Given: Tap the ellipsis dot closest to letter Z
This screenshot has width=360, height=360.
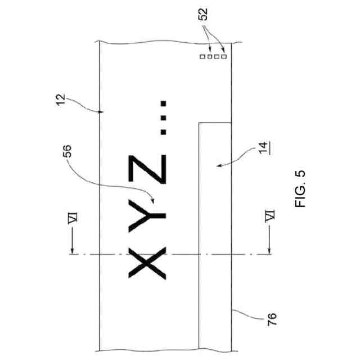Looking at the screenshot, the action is point(163,132).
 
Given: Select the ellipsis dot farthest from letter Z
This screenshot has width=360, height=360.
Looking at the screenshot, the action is point(163,104).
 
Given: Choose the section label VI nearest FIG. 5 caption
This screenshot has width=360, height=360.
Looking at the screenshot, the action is point(270,216).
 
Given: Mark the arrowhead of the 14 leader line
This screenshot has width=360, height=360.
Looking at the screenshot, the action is point(217,165).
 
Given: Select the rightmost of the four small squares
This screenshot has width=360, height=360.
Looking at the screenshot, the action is point(224,56).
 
